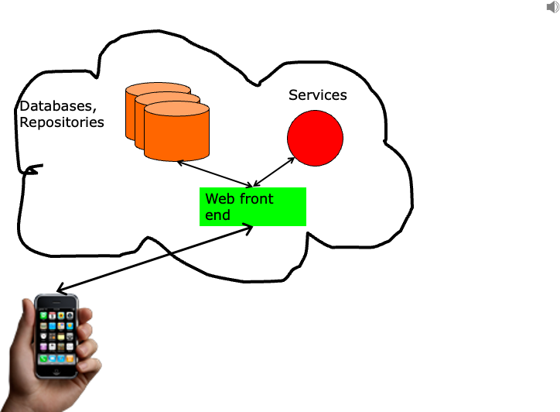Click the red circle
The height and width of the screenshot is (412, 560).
(x=315, y=138)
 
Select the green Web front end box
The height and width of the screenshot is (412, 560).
(x=253, y=207)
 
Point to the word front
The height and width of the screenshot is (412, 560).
(x=257, y=199)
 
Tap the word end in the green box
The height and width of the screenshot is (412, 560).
(x=217, y=215)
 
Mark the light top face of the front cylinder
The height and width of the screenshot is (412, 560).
(x=176, y=109)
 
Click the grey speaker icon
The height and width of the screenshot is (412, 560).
(x=552, y=7)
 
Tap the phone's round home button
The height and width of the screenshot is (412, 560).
(x=56, y=371)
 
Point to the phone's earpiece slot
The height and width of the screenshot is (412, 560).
(x=56, y=303)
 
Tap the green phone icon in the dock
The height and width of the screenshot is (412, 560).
(x=43, y=359)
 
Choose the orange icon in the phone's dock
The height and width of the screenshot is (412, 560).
(x=70, y=359)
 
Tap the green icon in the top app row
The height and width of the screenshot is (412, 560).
(x=43, y=316)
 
